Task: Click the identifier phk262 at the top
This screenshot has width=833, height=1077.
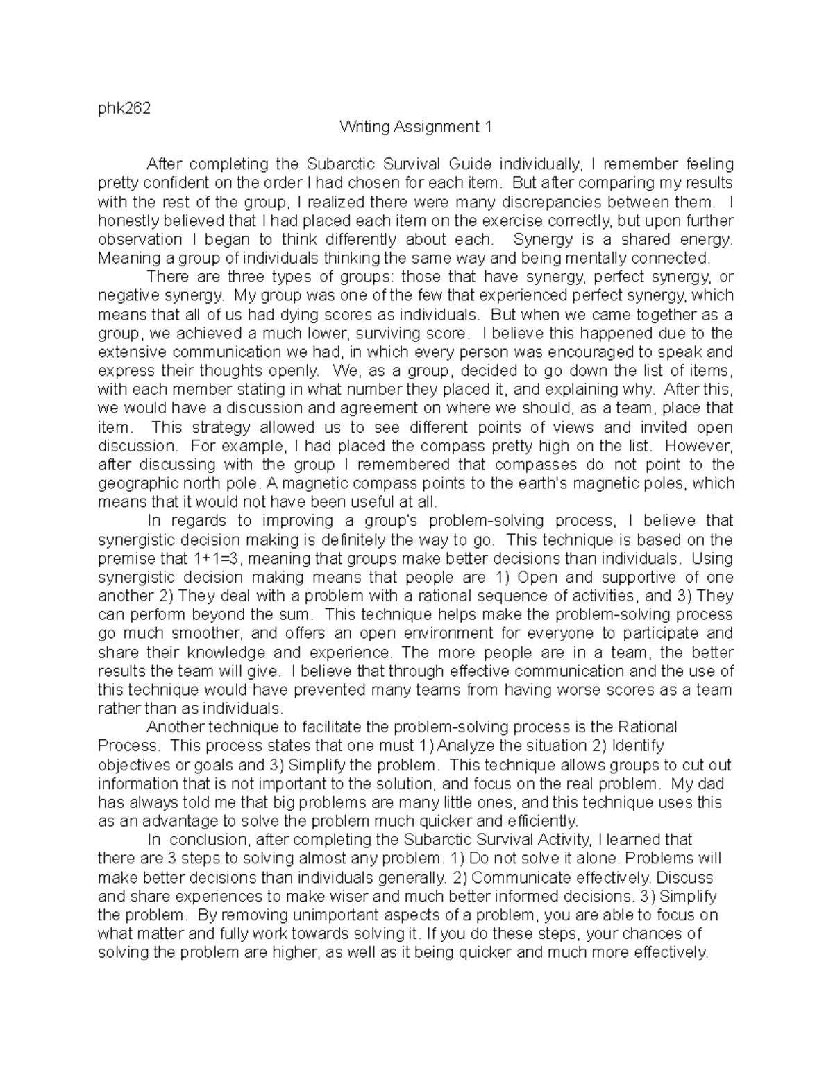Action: click(x=124, y=108)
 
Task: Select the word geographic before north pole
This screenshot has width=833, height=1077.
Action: click(x=135, y=483)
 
